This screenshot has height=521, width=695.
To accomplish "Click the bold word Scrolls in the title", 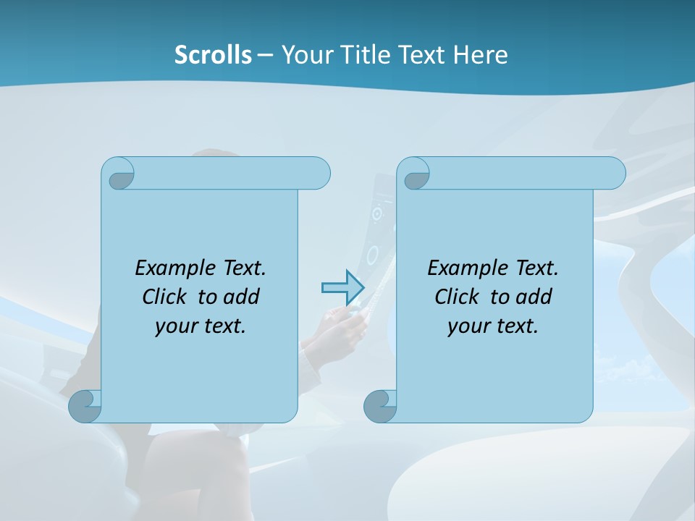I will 213,55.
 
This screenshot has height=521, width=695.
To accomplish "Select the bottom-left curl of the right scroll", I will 379,406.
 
